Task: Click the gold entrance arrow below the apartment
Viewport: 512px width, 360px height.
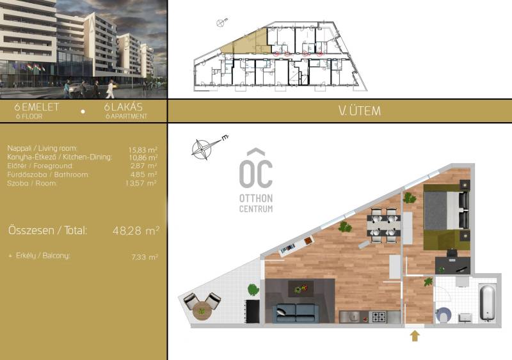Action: (x=415, y=336)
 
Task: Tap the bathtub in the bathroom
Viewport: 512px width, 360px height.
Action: (x=488, y=302)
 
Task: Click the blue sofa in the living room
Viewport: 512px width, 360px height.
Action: (x=296, y=313)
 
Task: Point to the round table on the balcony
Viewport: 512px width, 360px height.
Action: (x=202, y=311)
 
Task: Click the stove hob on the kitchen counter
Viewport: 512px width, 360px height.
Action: (x=379, y=317)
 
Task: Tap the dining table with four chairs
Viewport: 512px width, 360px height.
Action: (x=383, y=225)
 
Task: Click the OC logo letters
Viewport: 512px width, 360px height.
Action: (x=255, y=169)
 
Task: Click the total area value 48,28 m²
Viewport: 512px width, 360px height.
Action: (x=136, y=230)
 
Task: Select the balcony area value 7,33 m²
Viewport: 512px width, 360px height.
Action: (x=145, y=257)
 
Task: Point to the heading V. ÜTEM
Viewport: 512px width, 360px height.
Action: (x=360, y=111)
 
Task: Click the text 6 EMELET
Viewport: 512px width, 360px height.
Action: (x=36, y=107)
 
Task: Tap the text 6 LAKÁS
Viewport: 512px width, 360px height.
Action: (x=124, y=107)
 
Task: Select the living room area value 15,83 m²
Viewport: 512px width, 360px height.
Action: (x=143, y=150)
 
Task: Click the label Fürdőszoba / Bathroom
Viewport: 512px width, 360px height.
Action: (x=47, y=175)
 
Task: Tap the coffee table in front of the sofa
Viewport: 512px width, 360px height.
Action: (x=301, y=288)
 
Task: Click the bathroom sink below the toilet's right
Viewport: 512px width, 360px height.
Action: (x=465, y=317)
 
